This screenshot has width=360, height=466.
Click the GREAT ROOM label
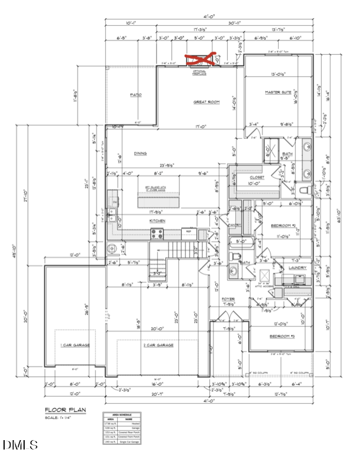pos(206,102)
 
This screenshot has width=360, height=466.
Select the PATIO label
pos(136,95)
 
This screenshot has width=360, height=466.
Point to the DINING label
pos(140,154)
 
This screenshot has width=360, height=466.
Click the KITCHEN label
pos(157,221)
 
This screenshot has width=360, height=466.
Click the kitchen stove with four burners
pos(158,233)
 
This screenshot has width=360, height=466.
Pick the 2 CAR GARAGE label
pos(158,345)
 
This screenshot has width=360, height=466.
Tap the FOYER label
pos(228,299)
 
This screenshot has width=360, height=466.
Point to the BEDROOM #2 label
pos(283,226)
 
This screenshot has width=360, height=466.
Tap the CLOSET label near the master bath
pos(257,177)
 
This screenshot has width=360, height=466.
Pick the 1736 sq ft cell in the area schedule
pos(109,424)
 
